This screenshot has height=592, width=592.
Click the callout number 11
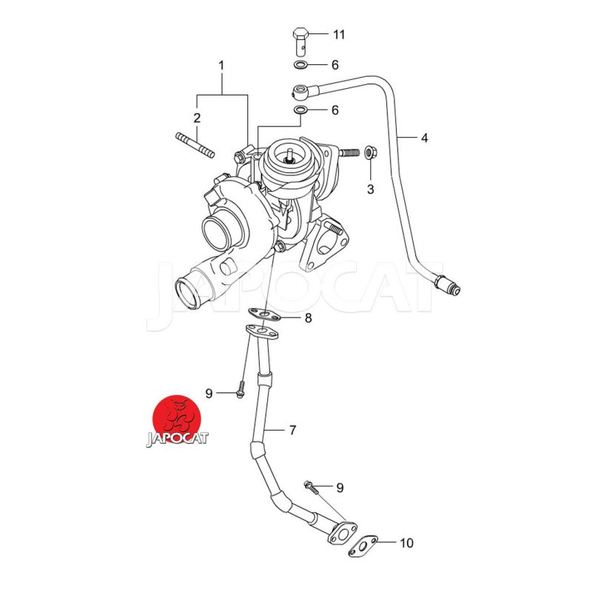click(339, 34)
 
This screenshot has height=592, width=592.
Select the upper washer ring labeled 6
click(301, 65)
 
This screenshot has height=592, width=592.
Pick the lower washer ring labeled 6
click(301, 110)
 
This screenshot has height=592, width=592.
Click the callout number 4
click(424, 138)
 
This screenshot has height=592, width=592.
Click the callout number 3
click(371, 189)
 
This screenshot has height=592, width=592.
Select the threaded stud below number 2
click(195, 146)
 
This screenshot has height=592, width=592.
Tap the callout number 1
click(221, 66)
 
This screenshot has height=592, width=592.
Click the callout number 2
click(197, 118)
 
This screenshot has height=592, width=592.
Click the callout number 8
click(308, 318)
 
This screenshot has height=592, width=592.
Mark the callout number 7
click(292, 429)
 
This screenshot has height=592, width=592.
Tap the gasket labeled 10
click(364, 548)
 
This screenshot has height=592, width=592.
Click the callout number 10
click(406, 544)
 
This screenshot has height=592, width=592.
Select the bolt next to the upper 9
click(240, 391)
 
